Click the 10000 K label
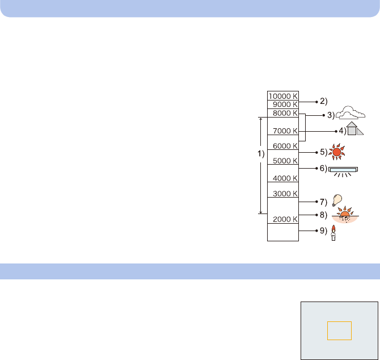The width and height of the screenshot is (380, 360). coord(283,96)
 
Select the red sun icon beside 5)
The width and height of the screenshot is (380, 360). coord(338,152)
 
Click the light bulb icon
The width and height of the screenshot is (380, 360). coord(337,199)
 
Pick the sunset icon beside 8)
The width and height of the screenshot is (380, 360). coord(345,216)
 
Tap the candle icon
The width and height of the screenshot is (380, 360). coord(333,233)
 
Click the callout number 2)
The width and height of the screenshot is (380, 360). coord(323,102)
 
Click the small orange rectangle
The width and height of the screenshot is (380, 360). coord(339,330)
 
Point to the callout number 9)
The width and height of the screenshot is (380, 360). coord(323,231)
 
